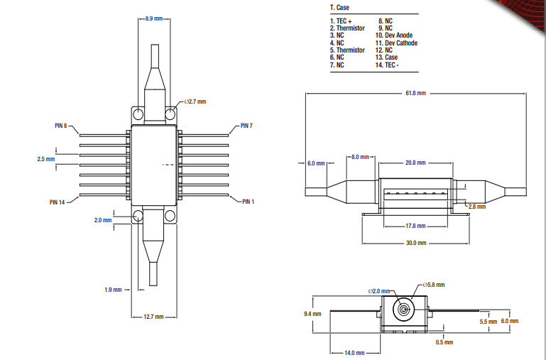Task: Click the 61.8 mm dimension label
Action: click(x=416, y=93)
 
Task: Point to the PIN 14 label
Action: click(x=58, y=202)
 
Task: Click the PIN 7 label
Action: click(x=246, y=126)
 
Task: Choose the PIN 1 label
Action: click(x=247, y=202)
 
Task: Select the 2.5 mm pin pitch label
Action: click(x=45, y=159)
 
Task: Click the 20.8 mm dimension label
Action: click(x=415, y=163)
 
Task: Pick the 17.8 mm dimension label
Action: click(x=415, y=226)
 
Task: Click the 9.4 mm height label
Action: click(x=312, y=313)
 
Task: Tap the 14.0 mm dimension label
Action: click(x=355, y=353)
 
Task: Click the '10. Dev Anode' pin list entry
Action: click(x=394, y=36)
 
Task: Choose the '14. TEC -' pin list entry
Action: click(x=388, y=65)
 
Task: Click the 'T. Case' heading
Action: click(x=339, y=7)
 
